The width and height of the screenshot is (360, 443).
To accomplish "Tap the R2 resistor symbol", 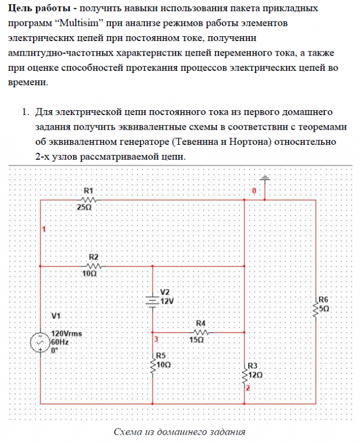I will coord(93,266).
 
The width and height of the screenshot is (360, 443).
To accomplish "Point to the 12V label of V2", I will coord(168,301).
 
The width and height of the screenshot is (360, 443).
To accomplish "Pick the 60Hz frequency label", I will coord(59,342).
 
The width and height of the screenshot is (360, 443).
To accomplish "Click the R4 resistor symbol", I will coord(200,332).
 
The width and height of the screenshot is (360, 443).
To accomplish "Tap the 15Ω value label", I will coord(197,340).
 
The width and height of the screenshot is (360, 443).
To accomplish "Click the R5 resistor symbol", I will coord(154,365).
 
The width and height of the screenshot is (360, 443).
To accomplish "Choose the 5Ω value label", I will coord(324,310).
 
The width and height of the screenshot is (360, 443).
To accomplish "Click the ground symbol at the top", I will coord(265,178).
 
